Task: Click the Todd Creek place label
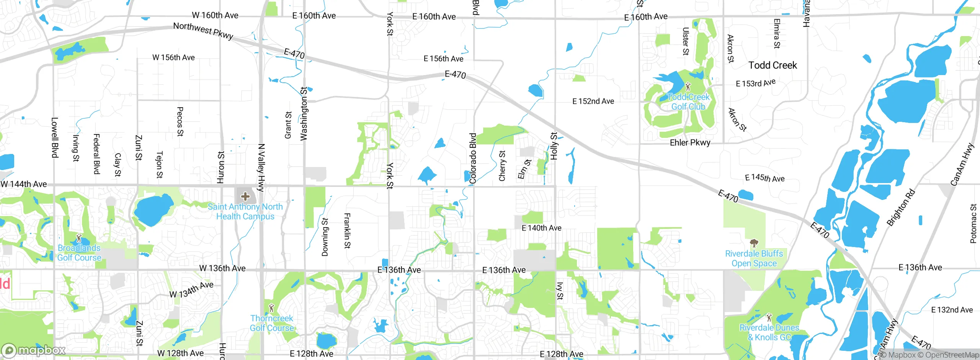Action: click(773, 65)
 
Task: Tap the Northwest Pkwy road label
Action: click(203, 31)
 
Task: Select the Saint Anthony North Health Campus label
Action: click(245, 211)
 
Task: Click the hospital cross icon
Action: click(245, 197)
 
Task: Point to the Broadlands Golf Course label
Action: click(79, 253)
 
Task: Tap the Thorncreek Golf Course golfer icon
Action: click(272, 308)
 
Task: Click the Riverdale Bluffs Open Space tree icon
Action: click(754, 243)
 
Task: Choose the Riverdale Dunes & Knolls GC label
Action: click(769, 332)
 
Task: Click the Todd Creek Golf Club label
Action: click(688, 102)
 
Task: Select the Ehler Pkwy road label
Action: click(690, 143)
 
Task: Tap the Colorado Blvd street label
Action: click(473, 158)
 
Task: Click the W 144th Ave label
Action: click(24, 184)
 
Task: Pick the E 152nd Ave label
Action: click(593, 101)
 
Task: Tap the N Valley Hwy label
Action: click(261, 167)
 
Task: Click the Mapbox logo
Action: click(34, 350)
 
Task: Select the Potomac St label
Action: click(973, 224)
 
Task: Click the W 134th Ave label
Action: click(191, 290)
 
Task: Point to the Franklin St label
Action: click(347, 231)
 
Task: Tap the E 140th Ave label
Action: click(541, 228)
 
